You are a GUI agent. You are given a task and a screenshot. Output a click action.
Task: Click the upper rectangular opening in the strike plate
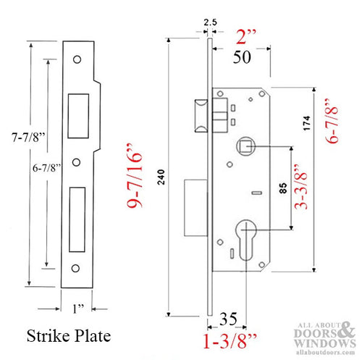pyautogui.click(x=76, y=114)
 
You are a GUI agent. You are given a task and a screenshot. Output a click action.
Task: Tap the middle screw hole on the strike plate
pyautogui.click(x=76, y=161)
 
